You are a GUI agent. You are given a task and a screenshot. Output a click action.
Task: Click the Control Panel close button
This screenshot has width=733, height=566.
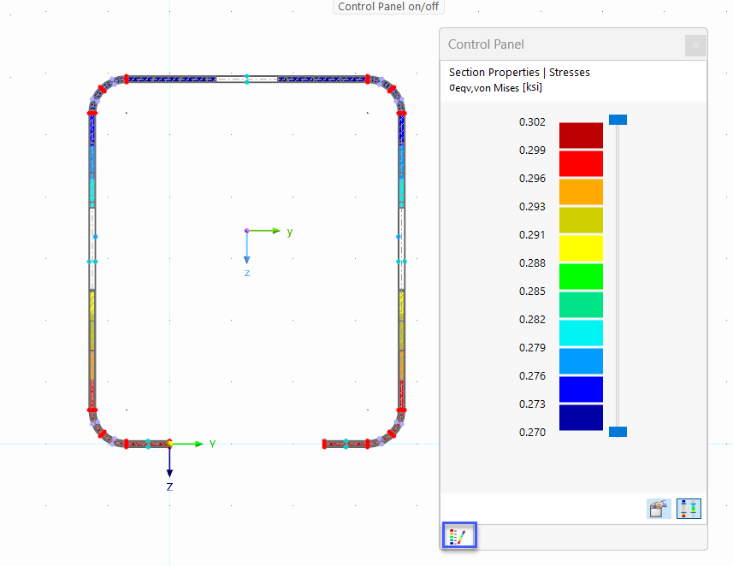695,45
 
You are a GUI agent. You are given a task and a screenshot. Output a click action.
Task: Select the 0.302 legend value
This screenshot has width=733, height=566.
532,122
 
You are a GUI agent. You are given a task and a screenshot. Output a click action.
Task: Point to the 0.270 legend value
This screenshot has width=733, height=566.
532,433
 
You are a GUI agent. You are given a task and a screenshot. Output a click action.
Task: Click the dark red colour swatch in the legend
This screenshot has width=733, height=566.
581,136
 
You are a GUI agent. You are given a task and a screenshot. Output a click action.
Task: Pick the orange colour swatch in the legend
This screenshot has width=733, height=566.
581,192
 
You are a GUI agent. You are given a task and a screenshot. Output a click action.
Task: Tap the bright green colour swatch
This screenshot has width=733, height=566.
581,276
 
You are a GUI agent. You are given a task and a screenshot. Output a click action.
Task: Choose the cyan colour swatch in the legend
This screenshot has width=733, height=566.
581,333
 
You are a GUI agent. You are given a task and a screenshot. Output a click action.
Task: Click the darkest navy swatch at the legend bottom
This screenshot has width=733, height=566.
581,417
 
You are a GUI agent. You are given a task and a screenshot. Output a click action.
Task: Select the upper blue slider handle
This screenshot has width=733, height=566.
618,120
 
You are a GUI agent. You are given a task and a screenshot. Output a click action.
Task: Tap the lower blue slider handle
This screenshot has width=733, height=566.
618,432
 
